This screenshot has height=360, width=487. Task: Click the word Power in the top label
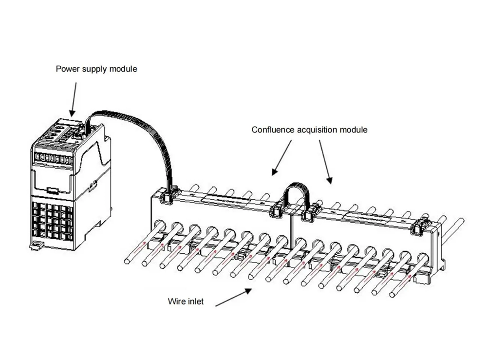point(66,69)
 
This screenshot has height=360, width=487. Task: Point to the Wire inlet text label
point(186,301)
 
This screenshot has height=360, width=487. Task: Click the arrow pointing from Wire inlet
point(234,297)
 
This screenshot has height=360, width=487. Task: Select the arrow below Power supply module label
point(74,99)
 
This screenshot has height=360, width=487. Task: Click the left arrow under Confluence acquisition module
point(281,158)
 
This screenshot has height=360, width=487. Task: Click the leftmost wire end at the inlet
point(127,262)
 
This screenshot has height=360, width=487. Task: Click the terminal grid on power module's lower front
point(52,221)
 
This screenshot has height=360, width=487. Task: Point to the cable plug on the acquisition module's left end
point(167,195)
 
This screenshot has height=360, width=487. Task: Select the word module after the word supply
point(121,69)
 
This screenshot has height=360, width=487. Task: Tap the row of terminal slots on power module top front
point(53,158)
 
